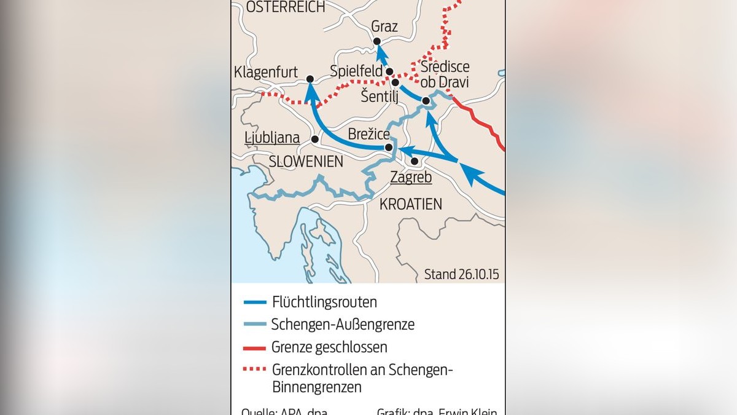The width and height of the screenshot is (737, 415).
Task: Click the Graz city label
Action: pyautogui.click(x=384, y=26)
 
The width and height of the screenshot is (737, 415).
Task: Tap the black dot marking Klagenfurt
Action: pyautogui.click(x=310, y=79)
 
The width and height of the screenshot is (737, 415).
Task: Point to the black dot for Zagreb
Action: pyautogui.click(x=415, y=161)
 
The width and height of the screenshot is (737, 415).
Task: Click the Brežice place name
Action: pyautogui.click(x=368, y=133)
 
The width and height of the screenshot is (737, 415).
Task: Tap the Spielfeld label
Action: pyautogui.click(x=356, y=71)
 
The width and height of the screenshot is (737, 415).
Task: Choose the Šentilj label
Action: pyautogui.click(x=380, y=96)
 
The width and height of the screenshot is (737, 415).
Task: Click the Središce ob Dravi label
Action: pyautogui.click(x=445, y=74)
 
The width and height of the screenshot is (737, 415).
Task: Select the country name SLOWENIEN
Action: pyautogui.click(x=306, y=161)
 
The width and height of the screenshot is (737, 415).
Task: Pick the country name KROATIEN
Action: pyautogui.click(x=410, y=204)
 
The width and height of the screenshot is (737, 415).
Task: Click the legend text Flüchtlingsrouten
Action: pyautogui.click(x=324, y=302)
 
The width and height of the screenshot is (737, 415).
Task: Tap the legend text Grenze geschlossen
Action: pyautogui.click(x=329, y=347)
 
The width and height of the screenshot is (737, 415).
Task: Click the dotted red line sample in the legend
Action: pyautogui.click(x=254, y=370)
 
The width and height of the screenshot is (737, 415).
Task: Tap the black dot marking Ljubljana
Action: pyautogui.click(x=314, y=139)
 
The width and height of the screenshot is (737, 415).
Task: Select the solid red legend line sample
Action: pyautogui.click(x=254, y=347)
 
